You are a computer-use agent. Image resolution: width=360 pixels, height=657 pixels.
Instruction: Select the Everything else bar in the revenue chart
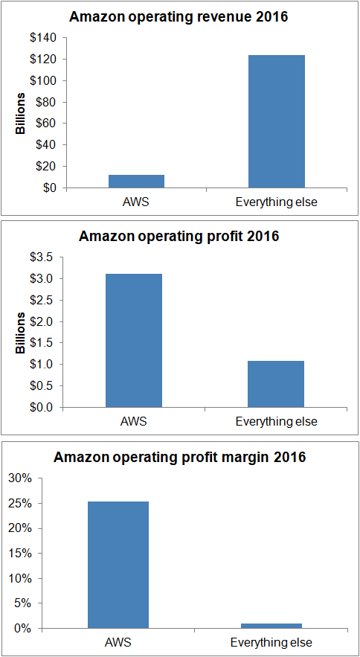[276, 121]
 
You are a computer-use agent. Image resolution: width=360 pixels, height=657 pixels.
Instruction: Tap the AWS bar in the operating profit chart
[134, 341]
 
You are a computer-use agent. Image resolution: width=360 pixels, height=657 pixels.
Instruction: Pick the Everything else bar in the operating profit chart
[276, 384]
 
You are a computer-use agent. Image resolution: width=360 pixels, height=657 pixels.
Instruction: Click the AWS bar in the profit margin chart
[118, 565]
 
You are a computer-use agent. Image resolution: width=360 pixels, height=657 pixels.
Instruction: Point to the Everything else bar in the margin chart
[271, 625]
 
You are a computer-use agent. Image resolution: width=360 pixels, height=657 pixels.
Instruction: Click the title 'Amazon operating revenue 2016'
[179, 17]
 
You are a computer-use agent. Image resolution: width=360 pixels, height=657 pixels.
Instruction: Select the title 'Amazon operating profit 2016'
[179, 237]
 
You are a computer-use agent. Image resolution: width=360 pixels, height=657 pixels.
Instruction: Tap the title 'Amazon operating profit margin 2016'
[179, 457]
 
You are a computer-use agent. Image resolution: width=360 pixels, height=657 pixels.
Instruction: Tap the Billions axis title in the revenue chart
[21, 113]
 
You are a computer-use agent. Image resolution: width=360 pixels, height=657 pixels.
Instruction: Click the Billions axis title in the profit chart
[21, 333]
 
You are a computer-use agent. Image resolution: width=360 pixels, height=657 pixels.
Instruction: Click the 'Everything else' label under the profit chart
[276, 421]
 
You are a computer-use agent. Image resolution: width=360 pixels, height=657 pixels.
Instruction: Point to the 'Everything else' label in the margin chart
[271, 642]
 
